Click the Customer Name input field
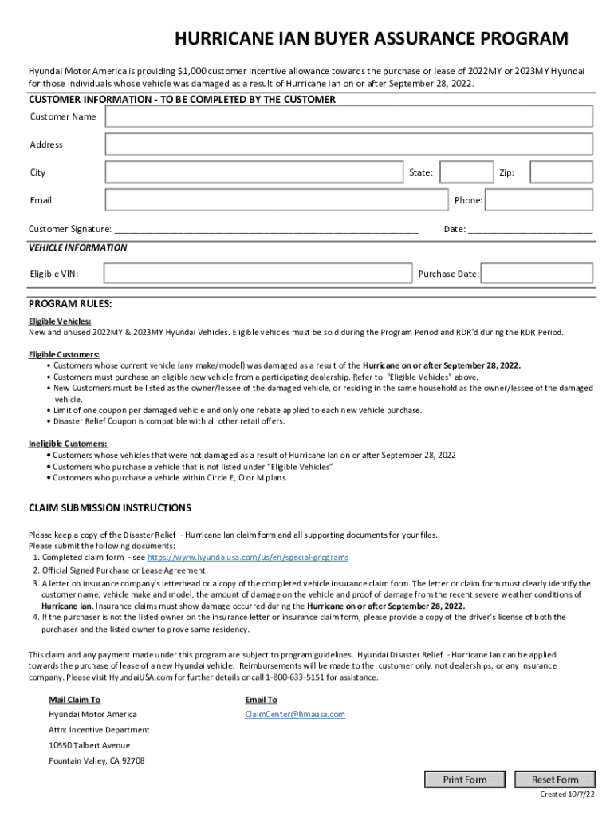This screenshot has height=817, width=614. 348,116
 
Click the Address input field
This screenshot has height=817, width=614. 348,144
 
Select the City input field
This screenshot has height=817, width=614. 253,172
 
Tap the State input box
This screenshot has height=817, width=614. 466,172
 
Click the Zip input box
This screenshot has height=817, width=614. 561,172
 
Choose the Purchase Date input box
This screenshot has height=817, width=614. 537,274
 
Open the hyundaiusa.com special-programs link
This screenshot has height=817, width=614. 247,557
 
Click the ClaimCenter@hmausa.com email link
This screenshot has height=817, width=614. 295,714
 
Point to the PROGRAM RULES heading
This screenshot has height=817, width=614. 70,304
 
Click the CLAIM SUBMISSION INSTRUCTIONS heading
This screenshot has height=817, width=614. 110,507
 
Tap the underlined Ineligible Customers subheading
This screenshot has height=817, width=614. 68,444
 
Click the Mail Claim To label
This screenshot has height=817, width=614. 75,700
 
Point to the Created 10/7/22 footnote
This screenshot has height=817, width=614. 566,795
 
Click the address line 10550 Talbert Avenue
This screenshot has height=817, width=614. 89,745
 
